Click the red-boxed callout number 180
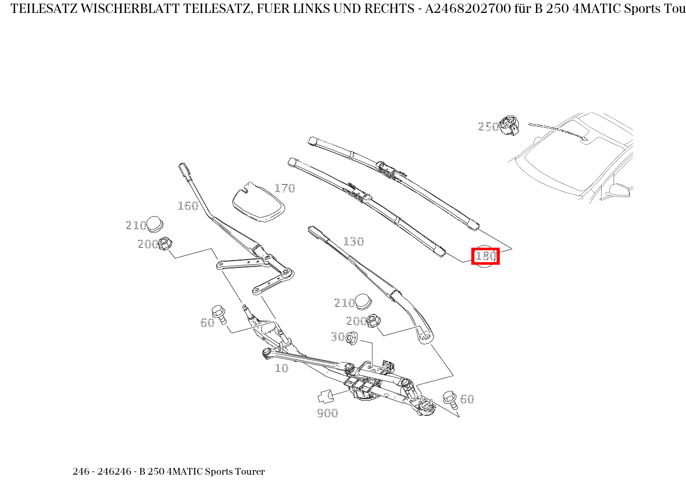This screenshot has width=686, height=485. tap(485, 256)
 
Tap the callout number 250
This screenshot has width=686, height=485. tap(488, 127)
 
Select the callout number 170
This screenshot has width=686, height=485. tap(284, 188)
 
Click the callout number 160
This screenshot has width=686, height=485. tap(188, 206)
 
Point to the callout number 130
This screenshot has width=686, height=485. tap(353, 241)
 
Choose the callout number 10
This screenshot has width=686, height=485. tap(281, 368)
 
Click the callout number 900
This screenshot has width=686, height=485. tap(327, 413)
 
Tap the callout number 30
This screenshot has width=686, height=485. tap(337, 337)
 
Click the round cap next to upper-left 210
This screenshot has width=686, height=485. tap(155, 224)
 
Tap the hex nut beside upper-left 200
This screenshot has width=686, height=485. tap(165, 243)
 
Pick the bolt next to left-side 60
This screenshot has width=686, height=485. tap(220, 314)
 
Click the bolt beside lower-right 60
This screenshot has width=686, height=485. tap(449, 399)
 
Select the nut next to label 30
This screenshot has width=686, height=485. tap(351, 338)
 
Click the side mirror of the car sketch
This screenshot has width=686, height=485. tap(619, 190)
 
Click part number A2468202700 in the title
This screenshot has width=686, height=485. tap(471, 9)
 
